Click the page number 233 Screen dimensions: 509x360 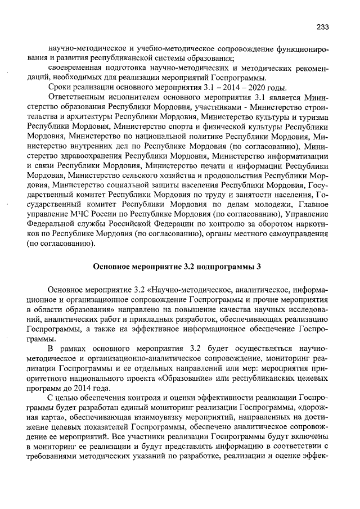pos(322,27)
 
